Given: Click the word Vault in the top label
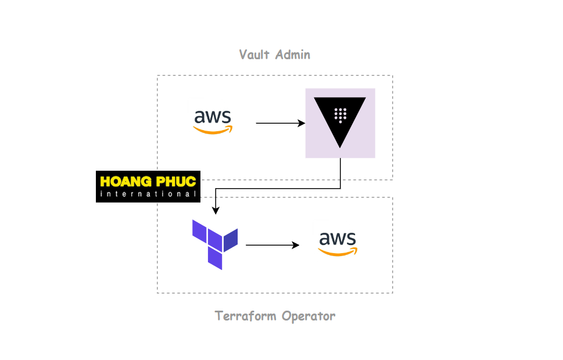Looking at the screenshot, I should click(x=254, y=55).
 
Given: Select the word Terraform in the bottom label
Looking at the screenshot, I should click(x=246, y=316).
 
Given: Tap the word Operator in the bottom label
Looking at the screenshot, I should click(x=309, y=316).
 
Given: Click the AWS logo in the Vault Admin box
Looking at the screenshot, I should click(x=213, y=121).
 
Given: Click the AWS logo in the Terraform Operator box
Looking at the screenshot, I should click(x=338, y=243).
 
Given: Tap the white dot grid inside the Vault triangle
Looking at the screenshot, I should click(x=340, y=115).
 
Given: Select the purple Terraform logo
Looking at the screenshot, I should click(x=214, y=244).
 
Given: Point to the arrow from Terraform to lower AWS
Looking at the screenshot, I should click(x=270, y=245).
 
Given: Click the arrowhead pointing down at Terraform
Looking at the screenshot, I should click(x=216, y=210).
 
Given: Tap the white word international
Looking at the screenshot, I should click(x=148, y=194).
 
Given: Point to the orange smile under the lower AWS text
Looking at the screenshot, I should click(x=338, y=252).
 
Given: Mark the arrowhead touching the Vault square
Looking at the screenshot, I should click(x=302, y=123).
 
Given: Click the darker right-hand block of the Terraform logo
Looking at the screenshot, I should click(x=231, y=240).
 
